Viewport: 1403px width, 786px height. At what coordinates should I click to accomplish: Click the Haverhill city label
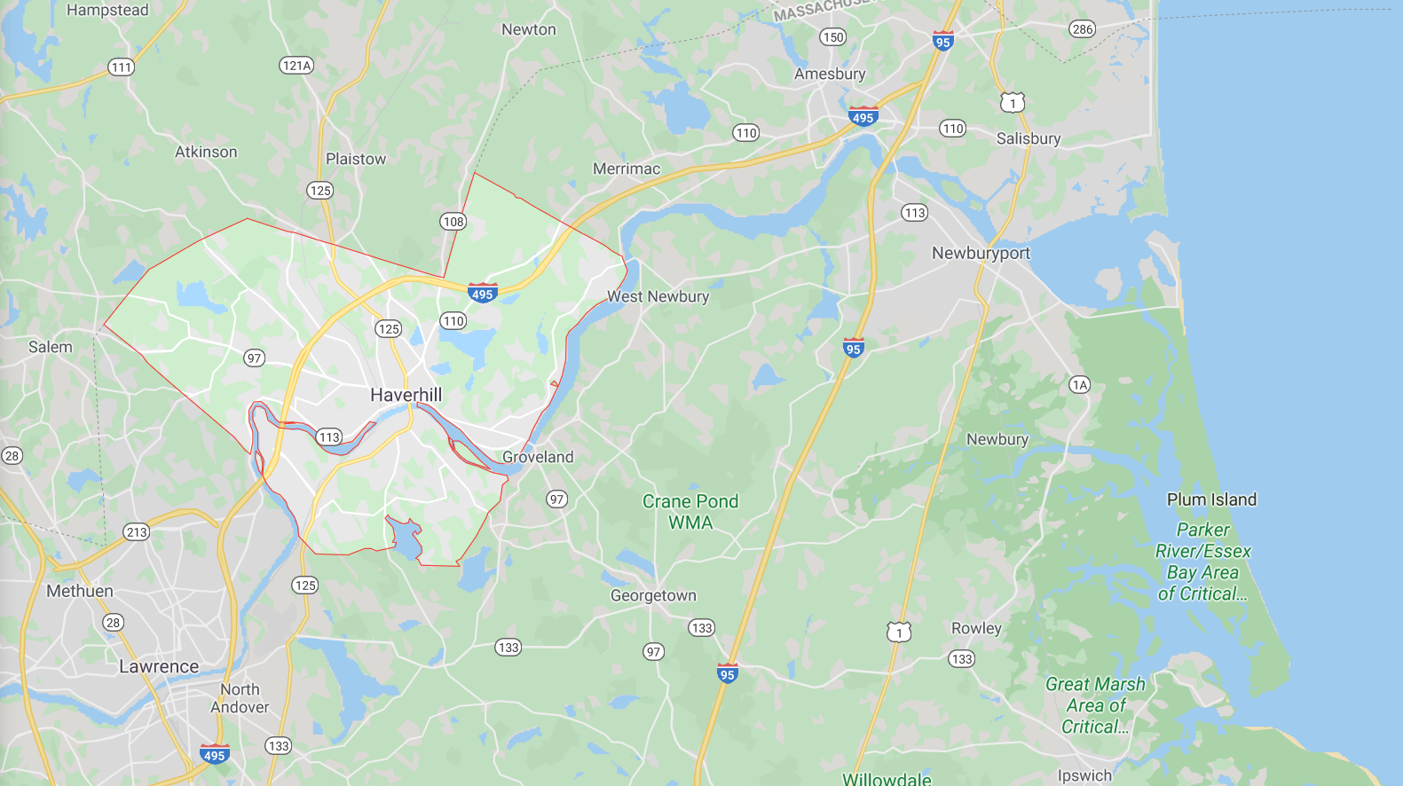click(406, 395)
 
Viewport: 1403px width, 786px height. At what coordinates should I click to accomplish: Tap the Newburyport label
click(981, 253)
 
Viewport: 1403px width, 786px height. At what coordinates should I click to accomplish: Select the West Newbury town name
click(658, 296)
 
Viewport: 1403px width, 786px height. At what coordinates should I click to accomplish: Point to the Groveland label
click(538, 457)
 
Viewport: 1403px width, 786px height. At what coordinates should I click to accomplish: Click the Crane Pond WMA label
click(690, 512)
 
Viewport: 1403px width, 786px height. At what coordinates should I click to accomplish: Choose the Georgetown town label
click(653, 595)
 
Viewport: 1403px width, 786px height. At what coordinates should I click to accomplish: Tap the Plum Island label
click(1211, 499)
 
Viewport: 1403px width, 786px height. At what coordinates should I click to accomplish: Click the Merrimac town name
click(627, 169)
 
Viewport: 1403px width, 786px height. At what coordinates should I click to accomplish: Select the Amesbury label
click(830, 74)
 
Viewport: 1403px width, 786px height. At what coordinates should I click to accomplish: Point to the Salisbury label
click(1028, 138)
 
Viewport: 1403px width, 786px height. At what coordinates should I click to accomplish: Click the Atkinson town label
click(206, 152)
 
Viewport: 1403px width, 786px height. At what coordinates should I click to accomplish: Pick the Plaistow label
click(356, 159)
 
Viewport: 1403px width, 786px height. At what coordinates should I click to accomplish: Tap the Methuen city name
click(80, 591)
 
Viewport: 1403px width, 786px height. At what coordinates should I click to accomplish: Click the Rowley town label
click(976, 628)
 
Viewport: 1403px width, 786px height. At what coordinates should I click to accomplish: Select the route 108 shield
click(453, 222)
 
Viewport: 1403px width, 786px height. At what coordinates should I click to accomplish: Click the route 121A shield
click(296, 66)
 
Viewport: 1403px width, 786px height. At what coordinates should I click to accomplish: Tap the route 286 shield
click(1082, 29)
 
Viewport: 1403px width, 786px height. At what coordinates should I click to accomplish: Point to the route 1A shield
click(1079, 384)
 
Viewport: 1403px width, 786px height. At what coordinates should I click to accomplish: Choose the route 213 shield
click(137, 532)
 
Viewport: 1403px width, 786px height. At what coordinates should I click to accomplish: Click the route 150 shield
click(832, 37)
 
